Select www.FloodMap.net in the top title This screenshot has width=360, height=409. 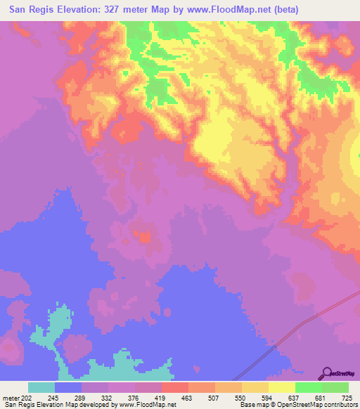pyautogui.click(x=220, y=10)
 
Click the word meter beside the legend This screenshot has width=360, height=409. pyautogui.click(x=11, y=399)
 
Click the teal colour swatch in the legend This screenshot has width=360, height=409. pyautogui.click(x=41, y=388)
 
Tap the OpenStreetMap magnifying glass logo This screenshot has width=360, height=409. pyautogui.click(x=328, y=372)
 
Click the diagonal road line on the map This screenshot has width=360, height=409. pyautogui.click(x=309, y=320)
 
